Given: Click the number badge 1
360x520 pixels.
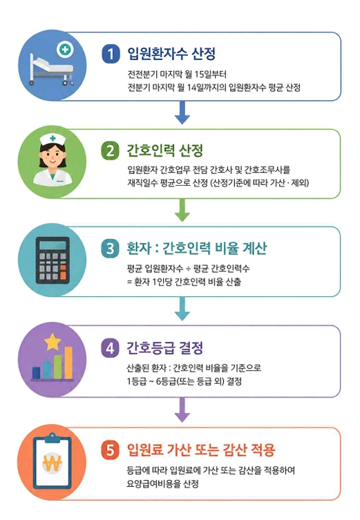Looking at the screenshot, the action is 111,54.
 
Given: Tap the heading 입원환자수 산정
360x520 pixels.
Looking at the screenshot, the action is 171,54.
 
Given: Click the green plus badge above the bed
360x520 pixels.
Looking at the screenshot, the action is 65,50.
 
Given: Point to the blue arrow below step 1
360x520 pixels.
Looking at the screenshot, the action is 182,113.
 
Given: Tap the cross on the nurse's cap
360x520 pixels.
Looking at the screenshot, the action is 53,138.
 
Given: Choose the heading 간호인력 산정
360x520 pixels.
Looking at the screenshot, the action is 165,151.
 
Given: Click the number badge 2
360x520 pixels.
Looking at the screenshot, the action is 110,151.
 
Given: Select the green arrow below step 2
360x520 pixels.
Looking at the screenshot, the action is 182,210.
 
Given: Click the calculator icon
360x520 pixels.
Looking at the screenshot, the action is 53,260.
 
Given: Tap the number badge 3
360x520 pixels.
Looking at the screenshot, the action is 110,249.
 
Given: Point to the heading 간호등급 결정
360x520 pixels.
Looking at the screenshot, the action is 165,348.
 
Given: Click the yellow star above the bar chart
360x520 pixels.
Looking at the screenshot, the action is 53,342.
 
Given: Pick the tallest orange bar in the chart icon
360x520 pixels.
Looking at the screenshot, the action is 68,363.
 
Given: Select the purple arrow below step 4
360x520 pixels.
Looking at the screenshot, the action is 182,410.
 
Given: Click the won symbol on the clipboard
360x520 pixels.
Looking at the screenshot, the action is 52,463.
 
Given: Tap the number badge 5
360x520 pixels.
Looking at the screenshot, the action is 110,450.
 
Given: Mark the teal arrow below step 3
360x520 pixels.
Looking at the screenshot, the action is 182,309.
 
